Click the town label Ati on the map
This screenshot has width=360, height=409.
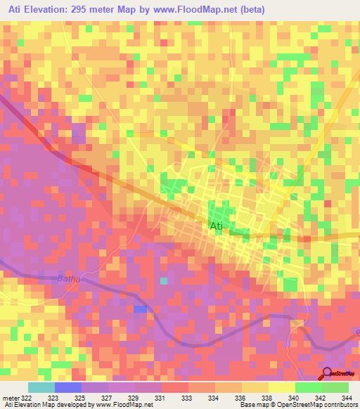point(217,226)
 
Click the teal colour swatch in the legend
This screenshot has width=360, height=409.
point(41,387)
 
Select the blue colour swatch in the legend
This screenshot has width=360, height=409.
point(68,387)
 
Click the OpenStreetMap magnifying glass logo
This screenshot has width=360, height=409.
point(328,374)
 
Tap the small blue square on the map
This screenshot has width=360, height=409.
point(141,309)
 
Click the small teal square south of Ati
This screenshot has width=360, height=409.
point(164,281)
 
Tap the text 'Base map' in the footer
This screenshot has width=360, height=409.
point(253,405)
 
